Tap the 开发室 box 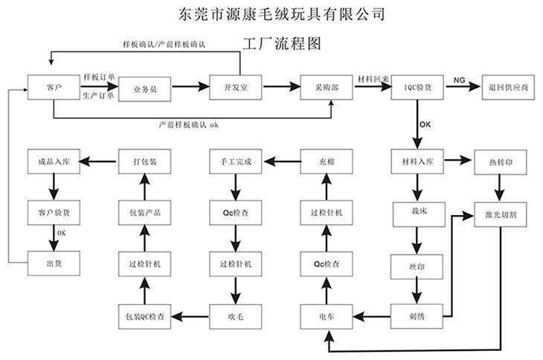pos(235,88)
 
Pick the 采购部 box pos(326,88)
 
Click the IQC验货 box pos(417,88)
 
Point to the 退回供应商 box pos(509,88)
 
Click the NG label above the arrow pos(459,80)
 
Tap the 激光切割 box pos(501,214)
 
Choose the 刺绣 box pos(417,316)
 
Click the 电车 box pos(326,316)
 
